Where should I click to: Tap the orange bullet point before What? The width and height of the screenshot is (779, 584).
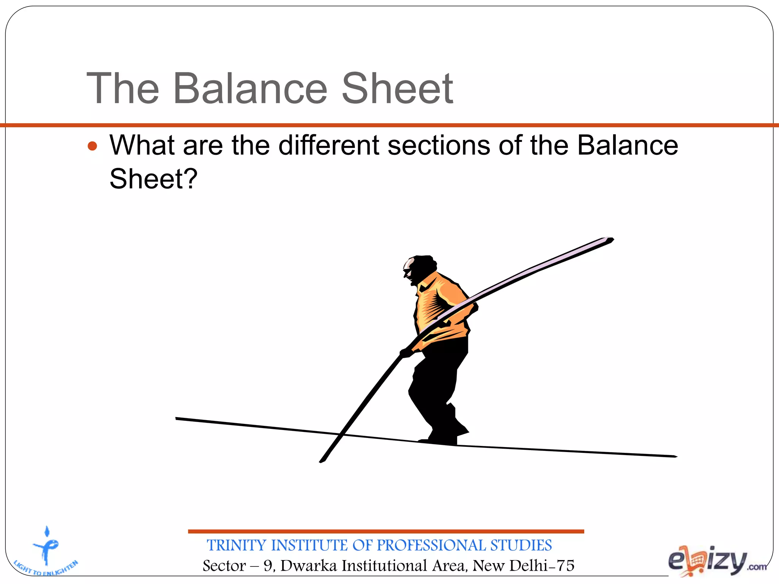click(92, 146)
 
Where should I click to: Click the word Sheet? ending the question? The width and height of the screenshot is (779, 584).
click(153, 179)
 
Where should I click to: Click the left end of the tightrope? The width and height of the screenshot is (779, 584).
click(177, 419)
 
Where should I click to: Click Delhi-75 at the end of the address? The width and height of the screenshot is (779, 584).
click(542, 566)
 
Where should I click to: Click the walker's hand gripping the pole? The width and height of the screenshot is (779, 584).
click(406, 353)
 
